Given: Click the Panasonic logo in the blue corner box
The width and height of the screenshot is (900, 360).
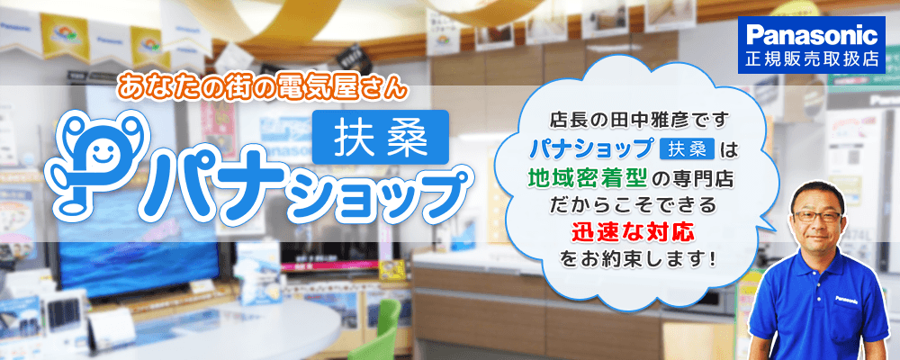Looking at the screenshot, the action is (811, 36).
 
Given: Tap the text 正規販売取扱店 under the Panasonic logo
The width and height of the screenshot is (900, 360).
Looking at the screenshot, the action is (812, 58).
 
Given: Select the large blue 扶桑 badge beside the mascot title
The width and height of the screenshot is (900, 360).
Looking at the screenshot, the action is (381, 137).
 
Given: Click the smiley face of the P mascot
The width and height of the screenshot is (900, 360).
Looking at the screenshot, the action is (103, 153).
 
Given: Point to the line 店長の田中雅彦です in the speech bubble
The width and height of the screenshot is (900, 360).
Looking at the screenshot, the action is (639, 121).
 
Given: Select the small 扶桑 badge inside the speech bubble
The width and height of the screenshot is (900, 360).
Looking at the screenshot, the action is (687, 148).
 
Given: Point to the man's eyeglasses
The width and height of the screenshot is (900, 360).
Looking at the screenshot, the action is (817, 216).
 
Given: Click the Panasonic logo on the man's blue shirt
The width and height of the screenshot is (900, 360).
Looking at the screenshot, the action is (847, 299).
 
